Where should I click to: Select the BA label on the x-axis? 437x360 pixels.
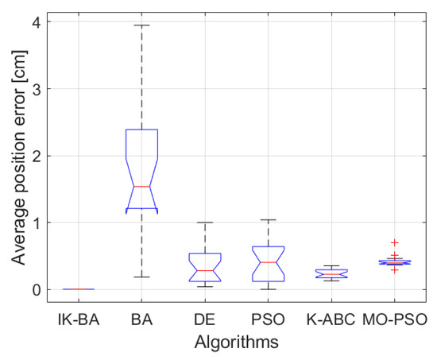coord(141,323)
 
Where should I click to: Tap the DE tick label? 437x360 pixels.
coord(205,323)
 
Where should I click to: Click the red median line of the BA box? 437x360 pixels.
coord(141,186)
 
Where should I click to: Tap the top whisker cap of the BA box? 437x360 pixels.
coord(141,25)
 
